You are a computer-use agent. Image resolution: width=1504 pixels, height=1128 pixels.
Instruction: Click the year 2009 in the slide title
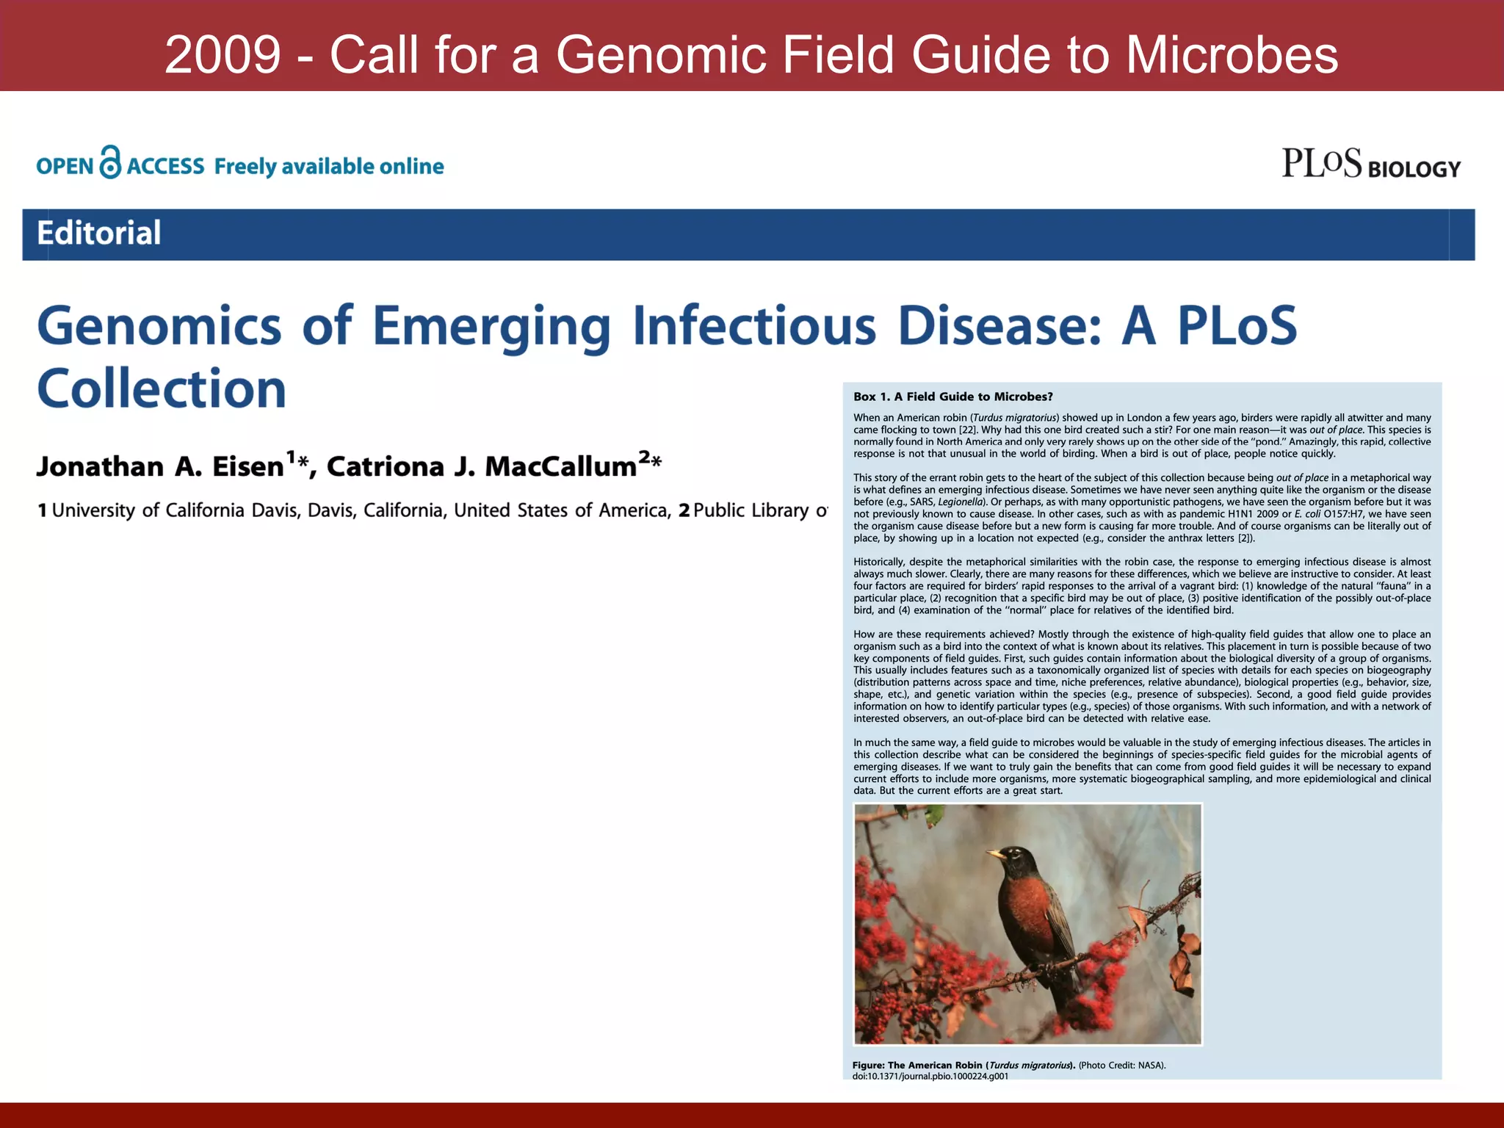(223, 55)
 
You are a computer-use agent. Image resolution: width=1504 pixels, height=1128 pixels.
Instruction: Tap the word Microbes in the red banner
(1232, 55)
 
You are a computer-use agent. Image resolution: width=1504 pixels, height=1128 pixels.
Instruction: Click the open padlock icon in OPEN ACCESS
(110, 162)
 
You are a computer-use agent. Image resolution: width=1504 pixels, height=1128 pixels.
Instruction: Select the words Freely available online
(329, 167)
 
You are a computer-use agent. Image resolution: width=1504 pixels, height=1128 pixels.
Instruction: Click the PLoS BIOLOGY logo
(1370, 164)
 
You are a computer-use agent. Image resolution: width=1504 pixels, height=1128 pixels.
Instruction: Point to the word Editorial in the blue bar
(99, 234)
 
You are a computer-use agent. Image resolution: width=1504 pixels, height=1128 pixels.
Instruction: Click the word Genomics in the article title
(159, 326)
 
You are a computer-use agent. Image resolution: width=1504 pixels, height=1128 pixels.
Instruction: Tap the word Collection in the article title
(162, 389)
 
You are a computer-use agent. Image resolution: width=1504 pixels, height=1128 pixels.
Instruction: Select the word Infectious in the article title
(754, 326)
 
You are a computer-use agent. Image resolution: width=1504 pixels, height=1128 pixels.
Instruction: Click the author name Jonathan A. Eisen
(160, 467)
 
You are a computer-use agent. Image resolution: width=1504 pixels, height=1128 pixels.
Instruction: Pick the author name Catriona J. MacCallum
(481, 467)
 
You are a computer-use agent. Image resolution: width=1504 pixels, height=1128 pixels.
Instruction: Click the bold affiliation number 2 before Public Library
(684, 510)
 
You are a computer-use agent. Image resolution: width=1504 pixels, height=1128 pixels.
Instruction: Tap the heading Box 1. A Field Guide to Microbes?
(952, 397)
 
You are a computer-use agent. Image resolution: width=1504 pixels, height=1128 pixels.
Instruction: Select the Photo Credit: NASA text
(1121, 1065)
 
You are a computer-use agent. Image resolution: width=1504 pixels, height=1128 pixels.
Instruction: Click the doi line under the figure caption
(930, 1076)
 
